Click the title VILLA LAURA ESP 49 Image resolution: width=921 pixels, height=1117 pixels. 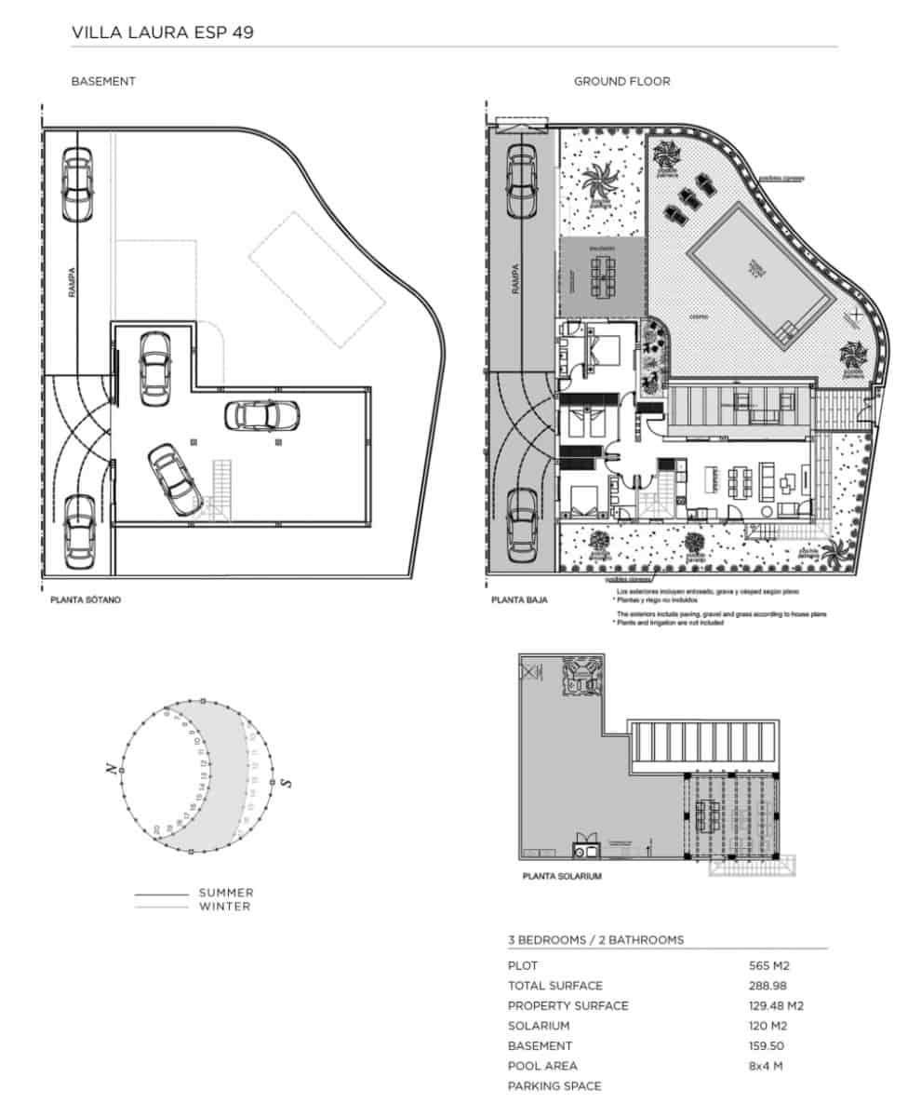(x=163, y=33)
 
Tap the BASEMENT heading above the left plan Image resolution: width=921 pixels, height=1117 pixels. (x=103, y=81)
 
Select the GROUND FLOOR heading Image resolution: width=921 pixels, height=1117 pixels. (x=621, y=81)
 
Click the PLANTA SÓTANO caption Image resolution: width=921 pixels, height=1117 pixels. (x=86, y=600)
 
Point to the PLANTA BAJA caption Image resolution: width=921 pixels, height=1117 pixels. (x=519, y=600)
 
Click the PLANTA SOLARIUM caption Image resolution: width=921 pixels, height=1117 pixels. (x=562, y=877)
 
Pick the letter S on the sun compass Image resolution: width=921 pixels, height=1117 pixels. (x=287, y=782)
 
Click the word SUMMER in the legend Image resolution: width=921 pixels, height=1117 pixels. (x=226, y=893)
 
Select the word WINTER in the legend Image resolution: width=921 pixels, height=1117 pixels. (x=224, y=907)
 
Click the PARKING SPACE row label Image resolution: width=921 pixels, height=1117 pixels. (x=554, y=1086)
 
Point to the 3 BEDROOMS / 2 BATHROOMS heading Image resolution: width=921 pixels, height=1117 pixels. (x=595, y=939)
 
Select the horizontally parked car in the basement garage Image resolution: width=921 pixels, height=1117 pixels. (x=263, y=415)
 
